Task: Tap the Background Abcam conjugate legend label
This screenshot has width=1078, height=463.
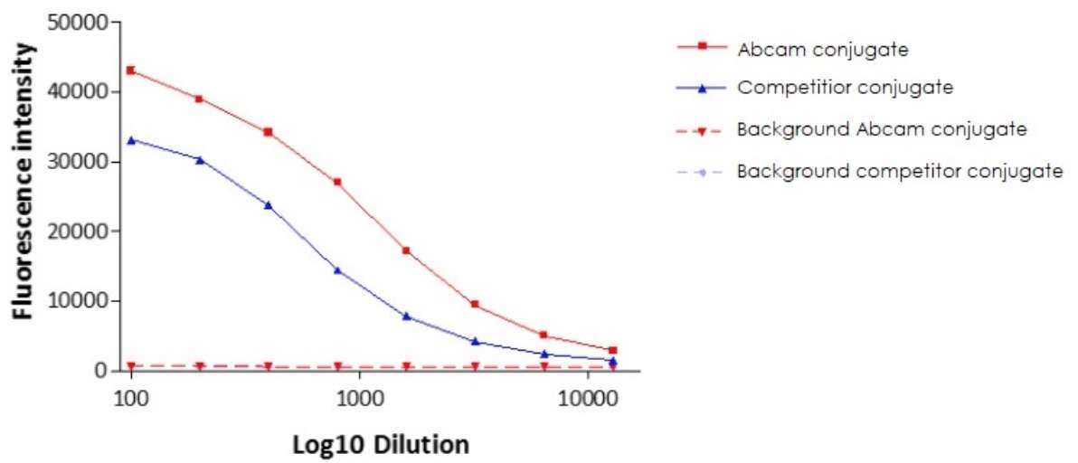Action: (x=882, y=129)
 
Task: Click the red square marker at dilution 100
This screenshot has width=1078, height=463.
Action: (x=131, y=70)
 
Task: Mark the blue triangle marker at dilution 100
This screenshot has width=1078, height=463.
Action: (x=131, y=140)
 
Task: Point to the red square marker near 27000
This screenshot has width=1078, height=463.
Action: (x=337, y=182)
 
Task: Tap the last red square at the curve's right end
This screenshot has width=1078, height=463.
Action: (x=612, y=350)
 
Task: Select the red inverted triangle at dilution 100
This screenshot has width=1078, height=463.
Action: (x=131, y=366)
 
